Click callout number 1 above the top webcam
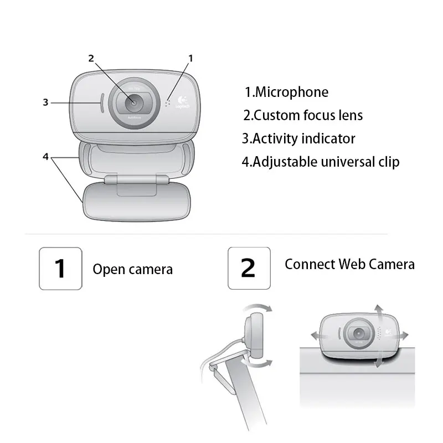(x=190, y=58)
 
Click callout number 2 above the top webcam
(x=91, y=58)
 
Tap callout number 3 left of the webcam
(x=47, y=102)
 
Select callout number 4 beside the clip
(x=47, y=156)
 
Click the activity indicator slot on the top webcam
(x=101, y=103)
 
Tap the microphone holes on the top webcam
(x=167, y=103)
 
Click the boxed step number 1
(x=60, y=268)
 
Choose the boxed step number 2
(x=249, y=268)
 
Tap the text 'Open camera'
(x=132, y=270)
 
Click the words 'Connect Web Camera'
(x=349, y=264)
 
